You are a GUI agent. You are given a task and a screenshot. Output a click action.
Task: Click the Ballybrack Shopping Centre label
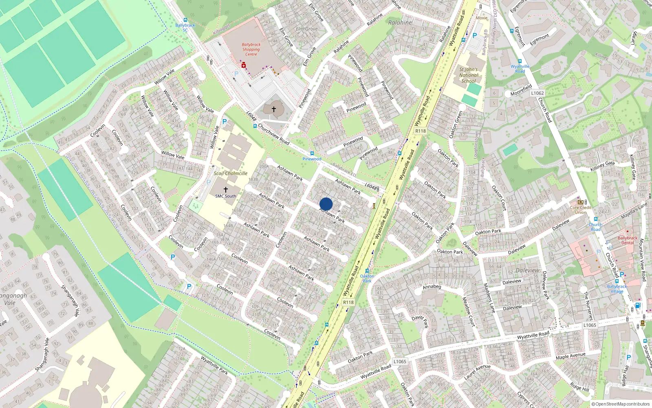251,49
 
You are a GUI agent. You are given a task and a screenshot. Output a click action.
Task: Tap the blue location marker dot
326,204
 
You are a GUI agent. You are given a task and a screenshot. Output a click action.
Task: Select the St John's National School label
469,75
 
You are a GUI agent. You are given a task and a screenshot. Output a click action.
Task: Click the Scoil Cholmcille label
231,173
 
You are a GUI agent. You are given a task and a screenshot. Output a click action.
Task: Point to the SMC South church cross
225,190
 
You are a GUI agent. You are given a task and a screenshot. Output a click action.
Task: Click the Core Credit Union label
581,210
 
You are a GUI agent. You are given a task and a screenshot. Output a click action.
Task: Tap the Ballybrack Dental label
628,240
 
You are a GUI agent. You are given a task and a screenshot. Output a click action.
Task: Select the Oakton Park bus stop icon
367,271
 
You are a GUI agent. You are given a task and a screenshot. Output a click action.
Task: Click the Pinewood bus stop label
312,159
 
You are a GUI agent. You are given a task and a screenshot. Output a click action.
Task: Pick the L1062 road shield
537,93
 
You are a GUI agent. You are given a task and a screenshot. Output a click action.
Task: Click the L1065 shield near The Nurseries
589,325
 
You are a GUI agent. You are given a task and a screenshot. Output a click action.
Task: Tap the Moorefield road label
521,90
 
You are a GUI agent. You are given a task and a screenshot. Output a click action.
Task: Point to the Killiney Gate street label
602,166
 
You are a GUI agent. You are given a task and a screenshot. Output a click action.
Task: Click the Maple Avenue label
570,356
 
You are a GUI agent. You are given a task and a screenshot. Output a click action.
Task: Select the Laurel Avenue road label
477,372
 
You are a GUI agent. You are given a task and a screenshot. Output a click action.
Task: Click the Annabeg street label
432,287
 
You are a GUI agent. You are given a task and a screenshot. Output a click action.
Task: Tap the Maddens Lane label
489,298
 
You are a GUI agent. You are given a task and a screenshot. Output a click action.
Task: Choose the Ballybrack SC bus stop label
185,27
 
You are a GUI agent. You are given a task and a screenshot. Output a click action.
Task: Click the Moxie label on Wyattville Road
482,18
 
